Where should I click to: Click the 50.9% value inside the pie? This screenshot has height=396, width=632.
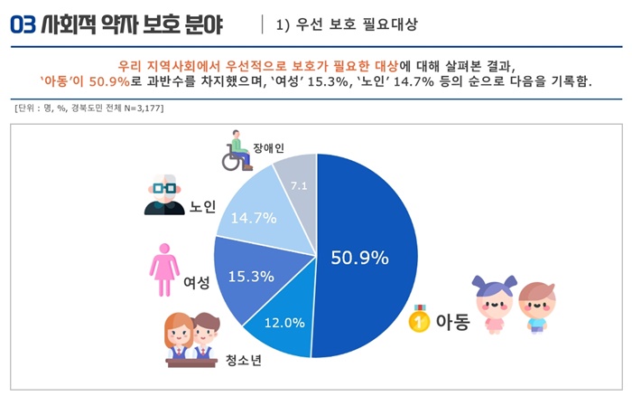tap(359, 257)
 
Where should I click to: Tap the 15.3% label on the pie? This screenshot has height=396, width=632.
tap(252, 276)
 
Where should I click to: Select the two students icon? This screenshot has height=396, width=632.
tap(192, 338)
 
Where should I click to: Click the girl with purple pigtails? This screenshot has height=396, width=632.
tap(492, 303)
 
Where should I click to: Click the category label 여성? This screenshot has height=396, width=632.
tap(196, 282)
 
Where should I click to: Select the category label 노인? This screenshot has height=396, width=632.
tap(202, 207)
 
